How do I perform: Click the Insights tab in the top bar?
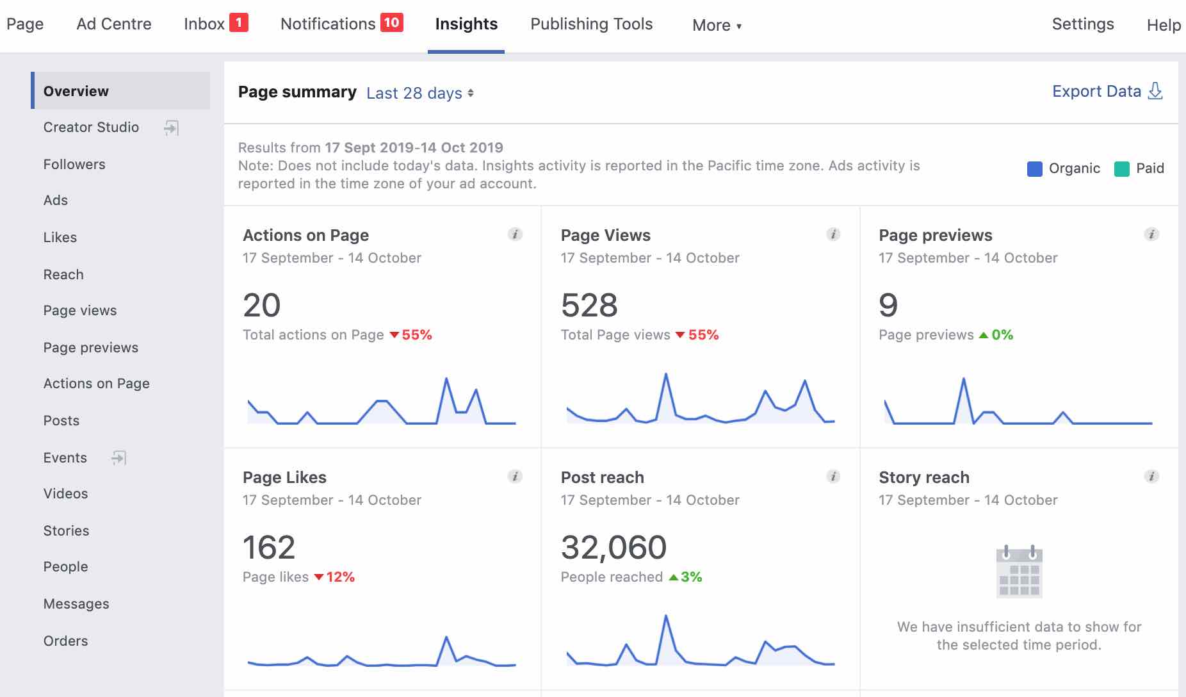pyautogui.click(x=466, y=24)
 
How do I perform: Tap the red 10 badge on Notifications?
pyautogui.click(x=391, y=23)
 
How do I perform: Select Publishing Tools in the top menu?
pyautogui.click(x=591, y=24)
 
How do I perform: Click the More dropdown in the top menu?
pyautogui.click(x=717, y=26)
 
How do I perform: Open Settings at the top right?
pyautogui.click(x=1082, y=24)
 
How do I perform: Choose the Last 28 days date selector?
pyautogui.click(x=419, y=94)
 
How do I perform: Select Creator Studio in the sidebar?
pyautogui.click(x=91, y=127)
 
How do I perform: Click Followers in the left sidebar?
pyautogui.click(x=74, y=165)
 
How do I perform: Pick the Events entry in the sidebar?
pyautogui.click(x=65, y=458)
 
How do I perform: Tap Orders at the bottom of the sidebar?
pyautogui.click(x=65, y=641)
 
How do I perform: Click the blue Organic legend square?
pyautogui.click(x=1034, y=169)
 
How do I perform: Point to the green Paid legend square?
pyautogui.click(x=1121, y=169)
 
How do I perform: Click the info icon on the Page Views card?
pyautogui.click(x=833, y=234)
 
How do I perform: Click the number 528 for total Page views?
pyautogui.click(x=589, y=306)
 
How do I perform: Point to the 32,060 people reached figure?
pyautogui.click(x=613, y=548)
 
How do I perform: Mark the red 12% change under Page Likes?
pyautogui.click(x=340, y=577)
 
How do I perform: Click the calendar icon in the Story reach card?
pyautogui.click(x=1019, y=571)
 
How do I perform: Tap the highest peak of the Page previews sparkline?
pyautogui.click(x=963, y=379)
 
